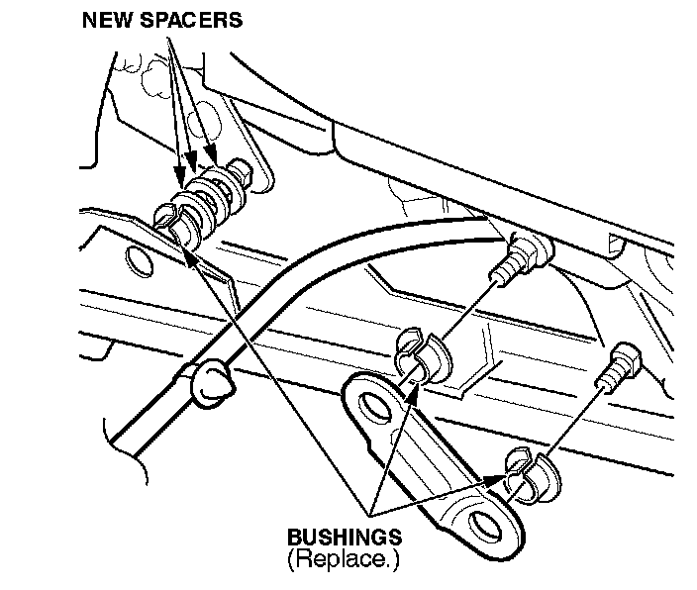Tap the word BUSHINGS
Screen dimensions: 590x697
pyautogui.click(x=344, y=538)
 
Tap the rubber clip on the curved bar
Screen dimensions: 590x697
pyautogui.click(x=209, y=381)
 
